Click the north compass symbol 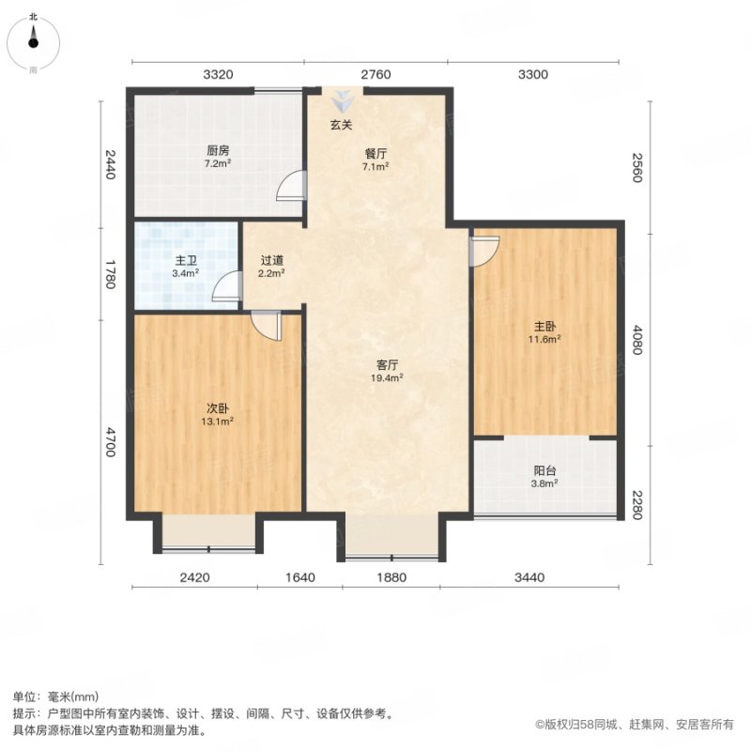pos(33,43)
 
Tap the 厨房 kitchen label pos(218,151)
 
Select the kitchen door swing pos(291,185)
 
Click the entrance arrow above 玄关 pos(343,100)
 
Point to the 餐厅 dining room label pos(375,154)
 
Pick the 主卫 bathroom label pos(186,261)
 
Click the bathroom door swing pos(226,285)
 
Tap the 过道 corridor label pos(272,261)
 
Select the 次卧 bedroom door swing pos(266,325)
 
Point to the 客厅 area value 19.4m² pos(387,378)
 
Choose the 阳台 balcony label pos(544,471)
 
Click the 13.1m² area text pos(218,421)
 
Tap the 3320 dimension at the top pos(218,75)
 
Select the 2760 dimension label pos(376,75)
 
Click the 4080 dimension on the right pos(636,340)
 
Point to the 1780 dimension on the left pos(111,274)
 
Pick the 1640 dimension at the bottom pos(300,577)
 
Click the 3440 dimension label pos(529,577)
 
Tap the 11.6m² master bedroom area pos(544,339)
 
